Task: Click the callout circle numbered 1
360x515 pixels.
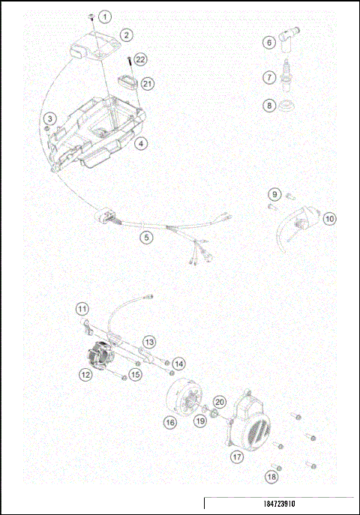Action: point(104,16)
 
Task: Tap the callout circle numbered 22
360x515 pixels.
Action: point(142,59)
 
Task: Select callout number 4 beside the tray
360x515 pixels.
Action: point(50,118)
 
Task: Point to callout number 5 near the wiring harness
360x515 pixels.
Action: point(142,142)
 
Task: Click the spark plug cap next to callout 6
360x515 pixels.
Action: point(147,237)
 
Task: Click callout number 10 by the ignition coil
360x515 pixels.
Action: point(270,106)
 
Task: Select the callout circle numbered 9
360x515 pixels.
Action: point(274,195)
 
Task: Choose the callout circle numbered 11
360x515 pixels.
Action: point(330,219)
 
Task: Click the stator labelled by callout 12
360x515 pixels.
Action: point(82,308)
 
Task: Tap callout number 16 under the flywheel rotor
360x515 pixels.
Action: point(149,341)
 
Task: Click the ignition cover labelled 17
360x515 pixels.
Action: point(178,364)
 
